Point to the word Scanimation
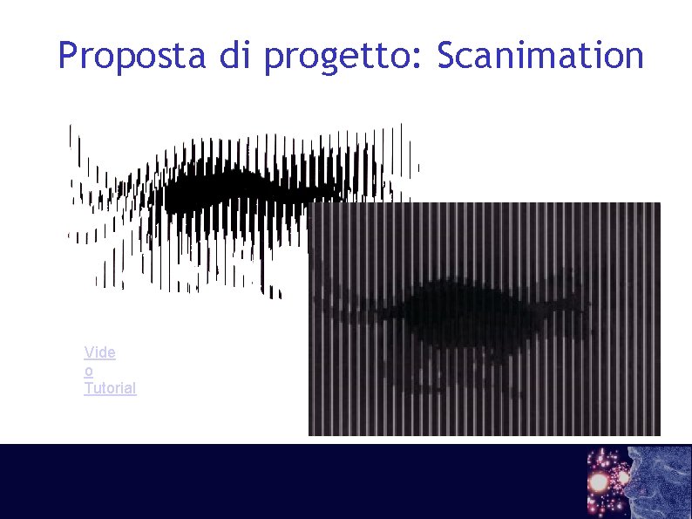pos(539,56)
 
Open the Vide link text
pos(99,352)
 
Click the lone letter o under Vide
pos(88,371)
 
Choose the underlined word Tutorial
pos(110,388)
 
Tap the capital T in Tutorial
pos(88,388)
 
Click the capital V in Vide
pos(89,352)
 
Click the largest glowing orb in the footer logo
pos(600,481)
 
